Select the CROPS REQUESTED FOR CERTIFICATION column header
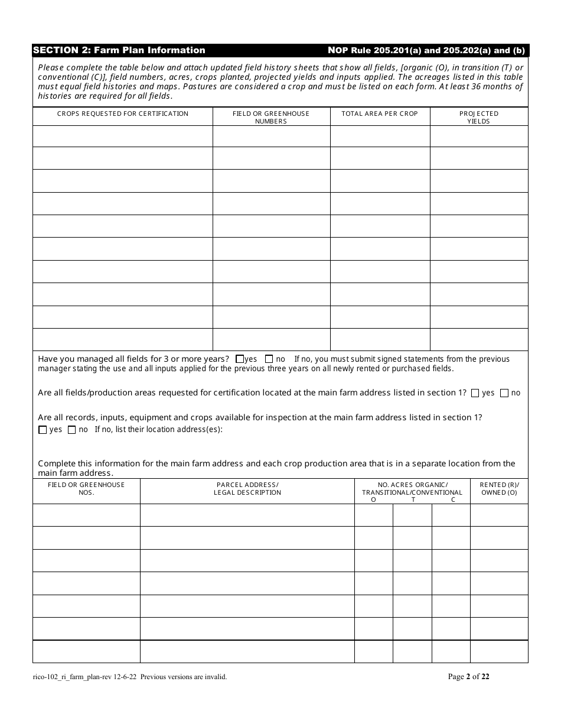tap(123, 113)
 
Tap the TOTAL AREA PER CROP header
tap(380, 113)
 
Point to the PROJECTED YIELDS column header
tap(479, 117)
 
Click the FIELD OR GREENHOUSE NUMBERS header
tap(271, 117)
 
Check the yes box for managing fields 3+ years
tap(240, 359)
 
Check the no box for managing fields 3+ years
tap(269, 359)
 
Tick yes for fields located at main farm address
tap(475, 393)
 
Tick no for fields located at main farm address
tap(504, 393)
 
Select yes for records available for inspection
tap(43, 430)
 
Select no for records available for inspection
tap(72, 430)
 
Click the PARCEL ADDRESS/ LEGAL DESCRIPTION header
tap(247, 489)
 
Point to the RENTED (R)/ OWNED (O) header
tap(499, 489)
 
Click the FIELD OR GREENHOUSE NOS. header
tap(86, 489)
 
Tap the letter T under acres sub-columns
tap(413, 499)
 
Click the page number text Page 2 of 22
tap(469, 677)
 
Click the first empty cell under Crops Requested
tap(123, 137)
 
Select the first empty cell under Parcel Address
tap(247, 515)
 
